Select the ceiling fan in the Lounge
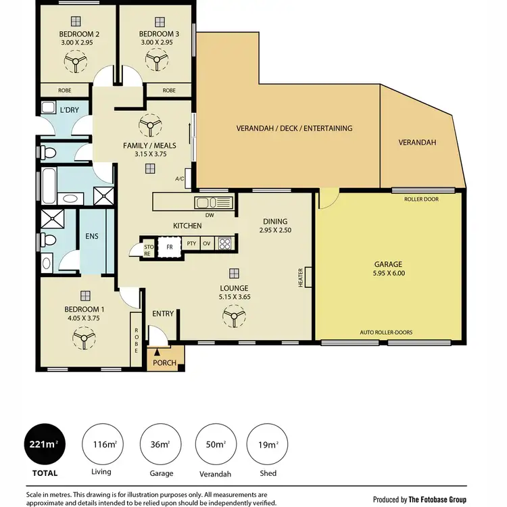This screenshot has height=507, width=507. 233,314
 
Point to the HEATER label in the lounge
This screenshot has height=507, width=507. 300,276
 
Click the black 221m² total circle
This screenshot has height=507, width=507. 45,444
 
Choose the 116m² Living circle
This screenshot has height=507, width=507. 103,444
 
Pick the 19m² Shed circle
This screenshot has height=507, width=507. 267,444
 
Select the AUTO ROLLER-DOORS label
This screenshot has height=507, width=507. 387,333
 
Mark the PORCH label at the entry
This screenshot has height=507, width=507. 164,363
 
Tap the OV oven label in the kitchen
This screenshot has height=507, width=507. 206,244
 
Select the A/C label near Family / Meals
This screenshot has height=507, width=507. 179,179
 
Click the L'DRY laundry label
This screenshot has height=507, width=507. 70,110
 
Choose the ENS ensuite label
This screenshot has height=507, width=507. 93,237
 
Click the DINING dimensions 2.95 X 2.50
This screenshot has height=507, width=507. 276,231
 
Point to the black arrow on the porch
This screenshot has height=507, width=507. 158,352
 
